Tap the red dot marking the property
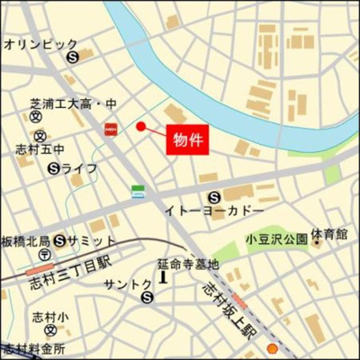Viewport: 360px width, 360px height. click(x=140, y=127)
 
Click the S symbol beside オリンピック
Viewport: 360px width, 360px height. click(x=73, y=56)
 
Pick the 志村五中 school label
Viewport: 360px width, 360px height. click(x=39, y=149)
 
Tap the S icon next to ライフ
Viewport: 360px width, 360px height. click(x=53, y=166)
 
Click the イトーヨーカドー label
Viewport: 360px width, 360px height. click(x=214, y=211)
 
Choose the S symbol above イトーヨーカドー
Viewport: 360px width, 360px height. click(x=214, y=197)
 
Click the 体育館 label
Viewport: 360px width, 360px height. click(x=330, y=234)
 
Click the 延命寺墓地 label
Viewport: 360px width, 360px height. click(x=188, y=265)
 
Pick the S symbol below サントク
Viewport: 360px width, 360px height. click(x=148, y=301)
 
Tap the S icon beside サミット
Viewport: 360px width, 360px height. click(x=59, y=240)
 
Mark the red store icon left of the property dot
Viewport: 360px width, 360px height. click(x=112, y=129)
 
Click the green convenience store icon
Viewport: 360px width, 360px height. click(x=138, y=189)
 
